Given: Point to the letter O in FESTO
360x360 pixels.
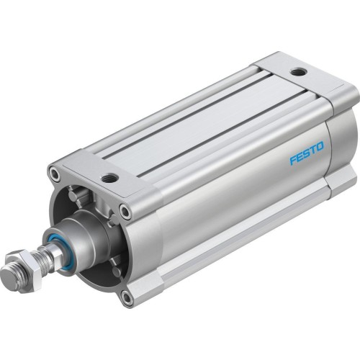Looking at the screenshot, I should point(320,147).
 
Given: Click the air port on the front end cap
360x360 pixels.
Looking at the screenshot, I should point(109,177).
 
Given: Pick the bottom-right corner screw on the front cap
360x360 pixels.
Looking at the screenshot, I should point(127,295).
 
